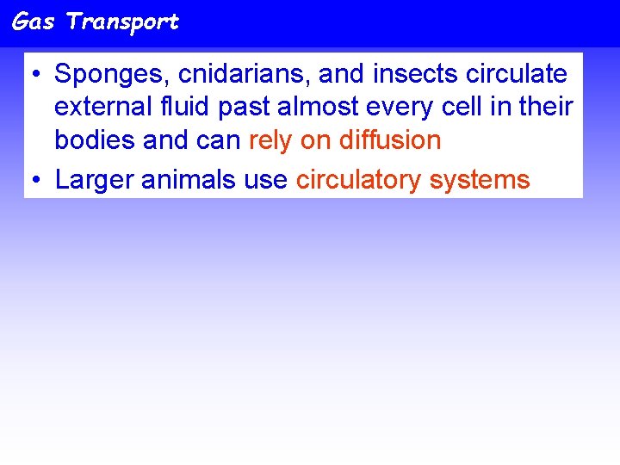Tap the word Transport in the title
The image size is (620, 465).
[x=122, y=22]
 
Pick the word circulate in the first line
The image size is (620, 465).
[x=514, y=75]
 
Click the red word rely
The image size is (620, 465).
[x=270, y=140]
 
